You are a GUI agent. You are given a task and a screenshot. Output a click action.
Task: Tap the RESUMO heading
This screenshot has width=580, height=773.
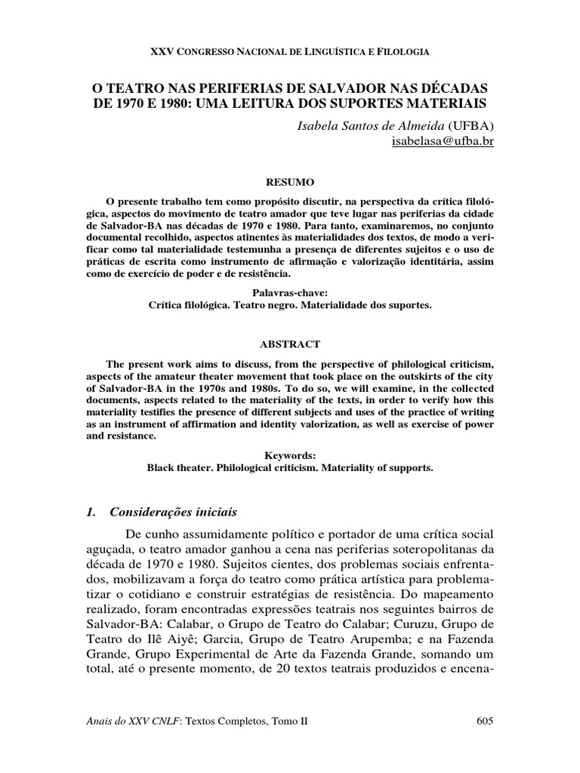(x=290, y=183)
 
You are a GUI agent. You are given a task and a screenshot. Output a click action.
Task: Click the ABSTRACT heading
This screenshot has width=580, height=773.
(x=290, y=343)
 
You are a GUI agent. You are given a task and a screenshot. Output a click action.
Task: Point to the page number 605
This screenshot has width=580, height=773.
(x=485, y=722)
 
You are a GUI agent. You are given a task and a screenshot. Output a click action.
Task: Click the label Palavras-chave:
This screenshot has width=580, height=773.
(x=290, y=291)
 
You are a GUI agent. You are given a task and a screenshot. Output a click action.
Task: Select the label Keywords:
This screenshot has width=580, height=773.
(x=290, y=456)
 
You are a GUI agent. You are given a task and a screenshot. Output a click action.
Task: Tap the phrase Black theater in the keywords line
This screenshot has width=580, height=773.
(x=179, y=468)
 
